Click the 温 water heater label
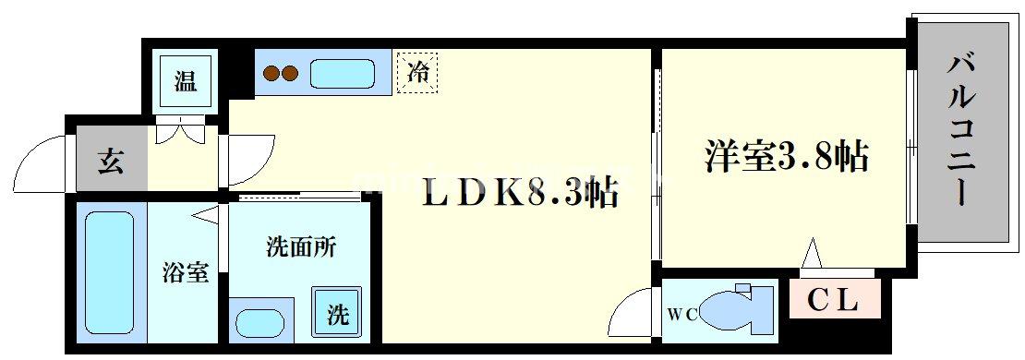coord(186,81)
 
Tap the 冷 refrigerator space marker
coord(417,73)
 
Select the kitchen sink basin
coord(341,73)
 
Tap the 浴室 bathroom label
coord(186,272)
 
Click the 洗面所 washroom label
coord(301,247)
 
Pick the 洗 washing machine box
coord(338,315)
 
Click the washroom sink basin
coord(264,324)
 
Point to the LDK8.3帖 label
coord(520,195)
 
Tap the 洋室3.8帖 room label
coord(788,157)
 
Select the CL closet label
coord(834,300)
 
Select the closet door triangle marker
coord(812,252)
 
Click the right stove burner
coord(292,73)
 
